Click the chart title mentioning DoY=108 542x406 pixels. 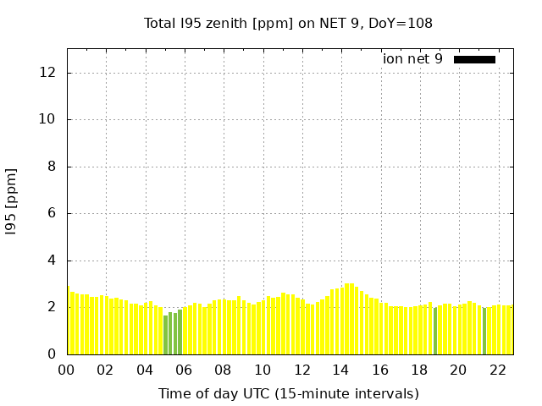pos(288,23)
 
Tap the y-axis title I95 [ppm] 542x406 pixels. pos(12,200)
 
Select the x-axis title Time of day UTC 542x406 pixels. pos(288,393)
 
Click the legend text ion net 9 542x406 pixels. pos(412,59)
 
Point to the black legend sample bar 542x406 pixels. pos(474,59)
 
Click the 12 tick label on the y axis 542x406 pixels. pos(48,73)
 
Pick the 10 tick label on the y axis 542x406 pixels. pos(48,119)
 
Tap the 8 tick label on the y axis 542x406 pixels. pos(52,167)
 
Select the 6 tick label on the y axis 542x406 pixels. pos(52,213)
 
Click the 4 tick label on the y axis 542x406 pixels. pos(52,261)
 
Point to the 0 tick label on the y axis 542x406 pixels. pos(52,354)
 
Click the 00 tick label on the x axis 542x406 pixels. pos(66,370)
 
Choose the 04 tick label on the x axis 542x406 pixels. pos(145,370)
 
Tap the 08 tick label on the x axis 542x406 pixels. pos(223,370)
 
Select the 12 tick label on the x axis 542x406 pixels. pos(301,370)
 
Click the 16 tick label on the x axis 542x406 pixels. pos(379,370)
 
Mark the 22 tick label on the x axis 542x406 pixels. pos(497,370)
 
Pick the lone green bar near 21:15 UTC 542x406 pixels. pos(484,332)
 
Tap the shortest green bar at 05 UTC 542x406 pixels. pos(166,335)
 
